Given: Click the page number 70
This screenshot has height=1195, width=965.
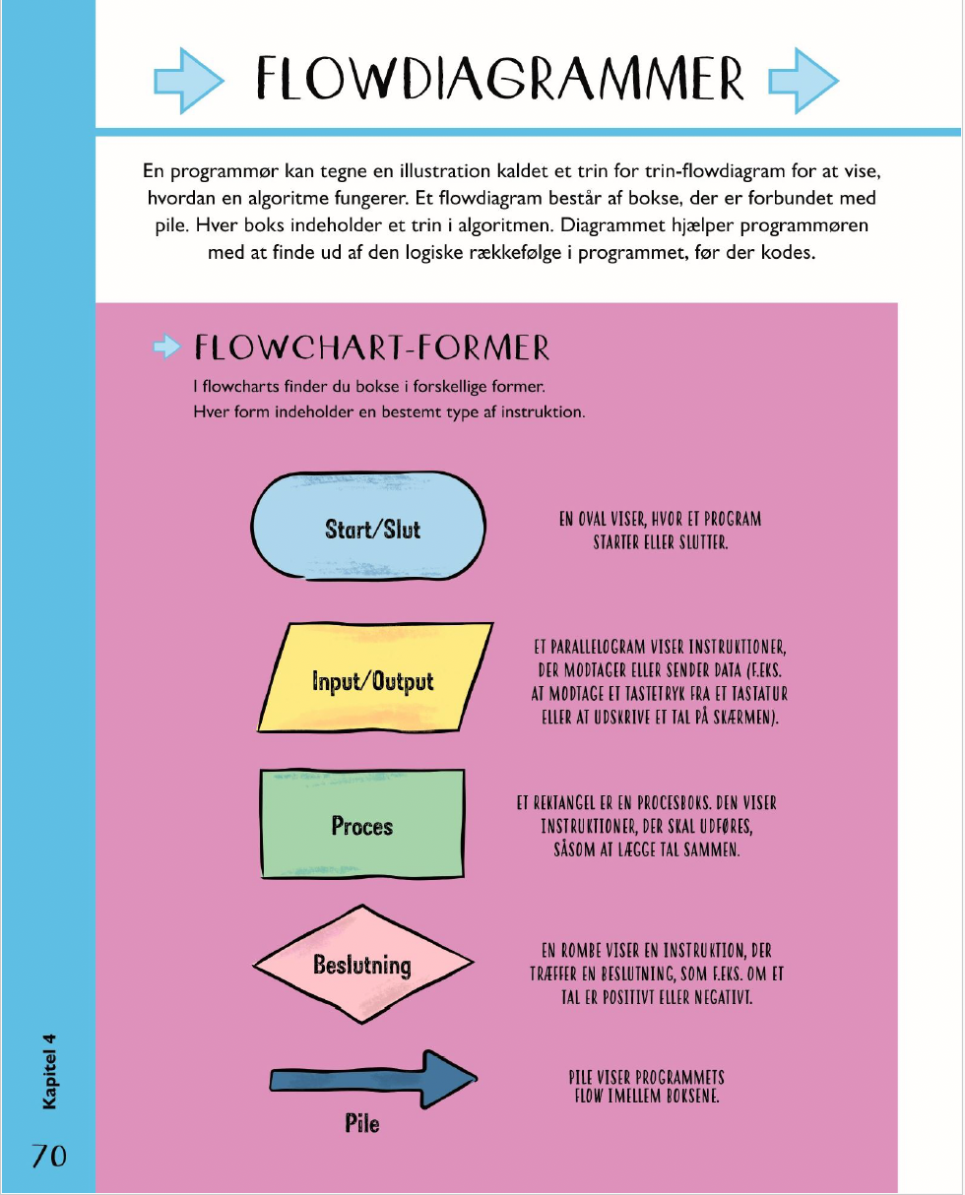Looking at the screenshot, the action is coord(49,1157).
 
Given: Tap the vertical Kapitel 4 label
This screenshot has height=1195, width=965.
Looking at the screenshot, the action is coord(49,1072).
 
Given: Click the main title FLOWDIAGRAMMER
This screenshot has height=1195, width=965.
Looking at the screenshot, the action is coord(500,79).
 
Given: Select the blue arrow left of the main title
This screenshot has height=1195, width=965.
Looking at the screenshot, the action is coord(189,81).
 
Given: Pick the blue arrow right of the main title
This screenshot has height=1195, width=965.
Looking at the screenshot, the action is coord(804,81).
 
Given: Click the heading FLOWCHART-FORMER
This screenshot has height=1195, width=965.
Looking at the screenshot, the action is coord(372,347).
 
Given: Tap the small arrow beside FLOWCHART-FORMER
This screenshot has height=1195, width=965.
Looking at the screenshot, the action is coord(167,346).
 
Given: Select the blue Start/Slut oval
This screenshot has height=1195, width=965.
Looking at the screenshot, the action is coord(368,527).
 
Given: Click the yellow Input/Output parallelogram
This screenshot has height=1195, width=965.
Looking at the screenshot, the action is coord(375,677).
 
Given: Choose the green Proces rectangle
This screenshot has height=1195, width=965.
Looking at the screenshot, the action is coord(362,824).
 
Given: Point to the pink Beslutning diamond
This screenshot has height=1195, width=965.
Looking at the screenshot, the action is coord(363,964).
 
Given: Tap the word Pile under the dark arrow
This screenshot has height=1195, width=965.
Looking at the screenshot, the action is coord(362,1124).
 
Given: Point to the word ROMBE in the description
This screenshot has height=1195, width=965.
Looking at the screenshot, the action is coord(581,951).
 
